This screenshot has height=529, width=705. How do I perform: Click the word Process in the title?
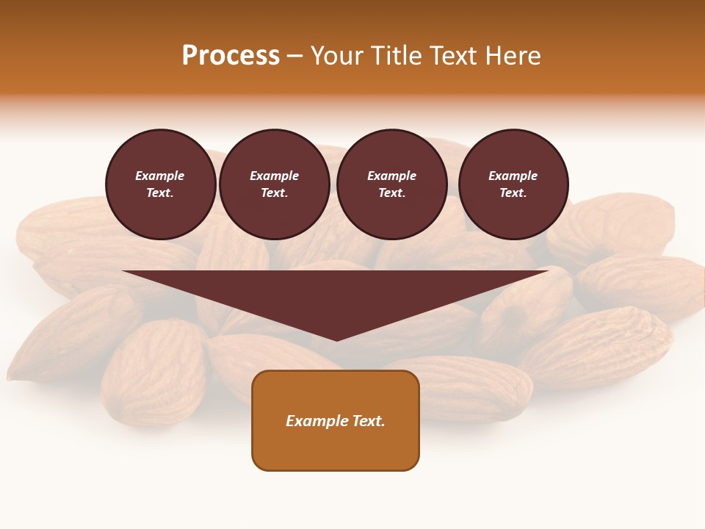click(x=231, y=56)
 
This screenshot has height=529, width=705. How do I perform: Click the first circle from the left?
click(x=161, y=184)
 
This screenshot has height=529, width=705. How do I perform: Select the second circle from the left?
click(x=275, y=184)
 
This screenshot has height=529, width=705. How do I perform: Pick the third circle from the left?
click(x=392, y=184)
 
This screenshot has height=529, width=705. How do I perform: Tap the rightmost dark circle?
click(x=513, y=184)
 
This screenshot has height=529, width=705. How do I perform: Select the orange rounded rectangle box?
click(x=336, y=420)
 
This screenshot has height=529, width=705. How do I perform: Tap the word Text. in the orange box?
click(x=368, y=421)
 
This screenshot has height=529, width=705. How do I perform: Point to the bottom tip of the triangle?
click(x=336, y=339)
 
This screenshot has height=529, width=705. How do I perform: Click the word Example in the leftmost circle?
click(x=160, y=176)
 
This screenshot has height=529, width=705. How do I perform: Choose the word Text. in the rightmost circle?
click(x=513, y=193)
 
